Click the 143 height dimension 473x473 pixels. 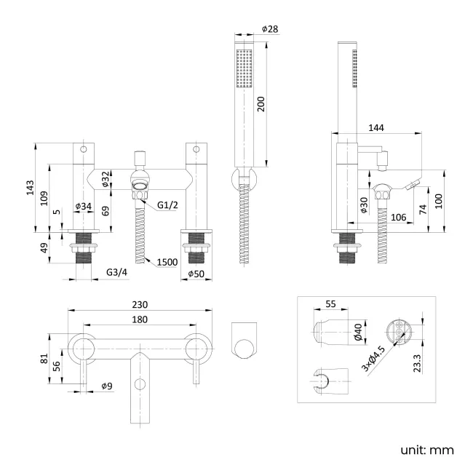coord(29,188)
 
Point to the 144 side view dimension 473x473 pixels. coord(375,127)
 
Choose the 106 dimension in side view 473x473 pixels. coord(397,217)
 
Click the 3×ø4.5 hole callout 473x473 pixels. coord(374,357)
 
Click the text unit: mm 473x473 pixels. coord(427,450)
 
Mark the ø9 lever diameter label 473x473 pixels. coord(106,386)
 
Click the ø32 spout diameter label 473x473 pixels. coord(106,179)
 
